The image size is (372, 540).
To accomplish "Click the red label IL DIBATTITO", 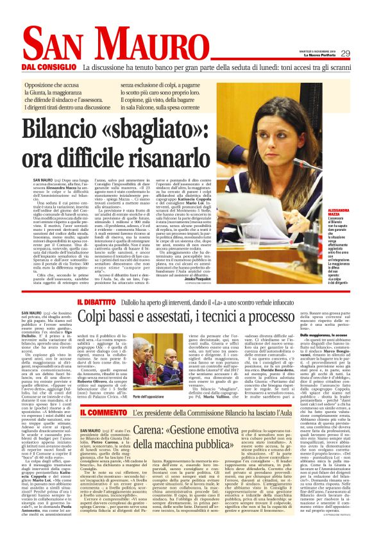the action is pyautogui.click(x=98, y=301).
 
